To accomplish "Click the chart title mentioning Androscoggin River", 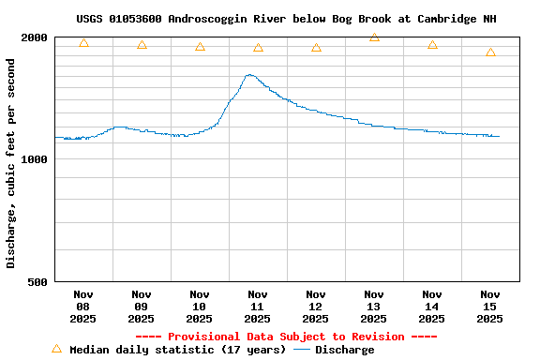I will click(x=286, y=19).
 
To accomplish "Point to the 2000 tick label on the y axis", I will click(x=35, y=37).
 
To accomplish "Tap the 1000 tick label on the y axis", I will click(x=35, y=159).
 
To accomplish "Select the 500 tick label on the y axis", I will click(x=37, y=281).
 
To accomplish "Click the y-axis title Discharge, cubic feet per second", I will click(x=11, y=163).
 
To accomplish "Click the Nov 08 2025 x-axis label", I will click(x=83, y=307).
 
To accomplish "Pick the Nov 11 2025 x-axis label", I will click(x=258, y=307).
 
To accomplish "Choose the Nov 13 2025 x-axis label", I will click(x=374, y=307).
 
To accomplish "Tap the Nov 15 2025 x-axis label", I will click(x=490, y=307).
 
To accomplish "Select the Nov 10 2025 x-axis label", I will click(x=200, y=307).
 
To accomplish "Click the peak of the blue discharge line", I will click(x=249, y=75).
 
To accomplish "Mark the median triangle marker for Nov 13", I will click(x=374, y=37).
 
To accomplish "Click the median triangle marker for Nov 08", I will click(x=83, y=43).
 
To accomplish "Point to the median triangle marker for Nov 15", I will click(x=490, y=52).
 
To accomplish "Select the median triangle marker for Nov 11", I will click(x=258, y=48).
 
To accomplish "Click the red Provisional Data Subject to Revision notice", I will click(x=286, y=337).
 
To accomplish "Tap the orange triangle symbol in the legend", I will click(x=56, y=349).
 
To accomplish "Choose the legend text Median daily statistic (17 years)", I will click(x=178, y=350).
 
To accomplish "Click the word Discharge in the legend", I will click(x=344, y=350).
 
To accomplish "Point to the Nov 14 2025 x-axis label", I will click(x=432, y=307).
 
